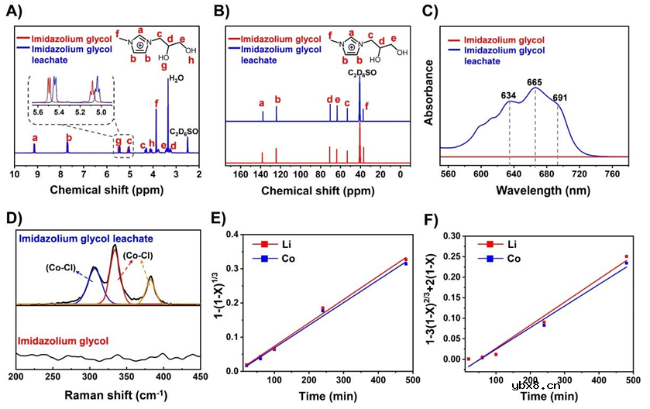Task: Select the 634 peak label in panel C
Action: coord(509,96)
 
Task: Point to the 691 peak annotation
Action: coord(559,98)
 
